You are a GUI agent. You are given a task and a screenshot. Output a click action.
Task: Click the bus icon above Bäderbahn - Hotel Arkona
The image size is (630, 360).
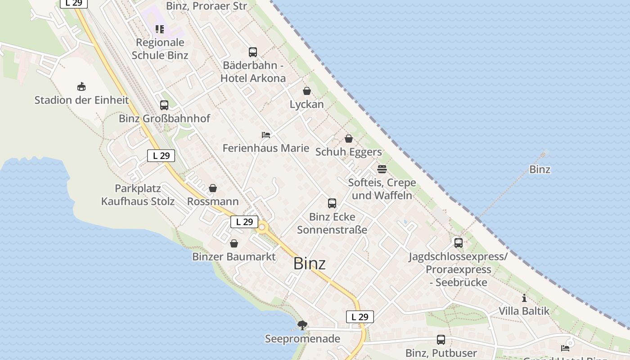(253, 52)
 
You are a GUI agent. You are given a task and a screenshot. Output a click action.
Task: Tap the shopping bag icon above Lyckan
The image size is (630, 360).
(307, 91)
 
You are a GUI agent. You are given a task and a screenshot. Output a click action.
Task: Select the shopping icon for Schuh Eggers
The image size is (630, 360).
(349, 139)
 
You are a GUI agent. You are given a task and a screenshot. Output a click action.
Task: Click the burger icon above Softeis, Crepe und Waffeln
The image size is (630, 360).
(382, 169)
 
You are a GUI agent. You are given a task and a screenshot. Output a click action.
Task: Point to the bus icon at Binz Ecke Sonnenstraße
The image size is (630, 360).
(332, 203)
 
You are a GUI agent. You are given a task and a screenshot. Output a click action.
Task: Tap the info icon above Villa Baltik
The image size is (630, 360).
(524, 298)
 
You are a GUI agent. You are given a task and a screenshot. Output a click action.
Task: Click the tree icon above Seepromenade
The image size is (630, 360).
(302, 325)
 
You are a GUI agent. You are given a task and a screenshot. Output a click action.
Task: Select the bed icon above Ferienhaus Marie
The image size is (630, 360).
(266, 135)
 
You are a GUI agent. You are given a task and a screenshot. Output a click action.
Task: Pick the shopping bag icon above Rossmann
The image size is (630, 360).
(213, 188)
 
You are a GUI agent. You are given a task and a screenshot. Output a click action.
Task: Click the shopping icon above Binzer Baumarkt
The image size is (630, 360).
(234, 243)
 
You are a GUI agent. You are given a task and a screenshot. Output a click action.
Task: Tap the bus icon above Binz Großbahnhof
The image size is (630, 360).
(164, 105)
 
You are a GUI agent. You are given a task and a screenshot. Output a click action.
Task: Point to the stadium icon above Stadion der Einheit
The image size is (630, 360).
(81, 86)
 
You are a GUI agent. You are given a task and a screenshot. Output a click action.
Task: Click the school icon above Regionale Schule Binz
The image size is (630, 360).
(160, 29)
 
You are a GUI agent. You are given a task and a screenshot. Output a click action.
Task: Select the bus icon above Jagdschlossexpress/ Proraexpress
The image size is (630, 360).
(459, 243)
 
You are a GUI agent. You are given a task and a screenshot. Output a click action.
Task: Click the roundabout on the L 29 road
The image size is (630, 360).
(262, 227)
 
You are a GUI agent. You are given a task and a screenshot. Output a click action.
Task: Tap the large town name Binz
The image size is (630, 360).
(309, 264)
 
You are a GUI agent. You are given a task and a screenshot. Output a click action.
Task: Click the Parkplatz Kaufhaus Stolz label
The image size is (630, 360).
(138, 195)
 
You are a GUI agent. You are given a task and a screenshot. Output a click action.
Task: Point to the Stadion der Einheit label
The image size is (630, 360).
(81, 100)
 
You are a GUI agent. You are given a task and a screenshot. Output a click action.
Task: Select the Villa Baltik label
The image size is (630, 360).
(524, 311)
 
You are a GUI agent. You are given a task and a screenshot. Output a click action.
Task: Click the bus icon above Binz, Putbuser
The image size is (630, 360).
(441, 340)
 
